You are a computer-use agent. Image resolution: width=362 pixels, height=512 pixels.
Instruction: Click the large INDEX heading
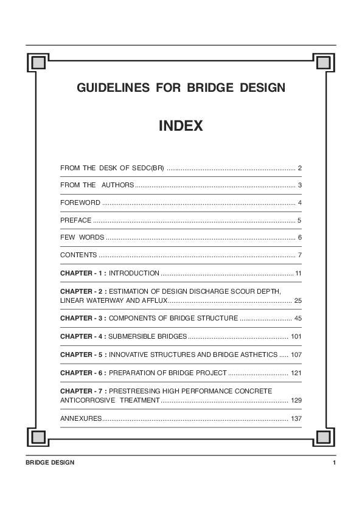coord(181,126)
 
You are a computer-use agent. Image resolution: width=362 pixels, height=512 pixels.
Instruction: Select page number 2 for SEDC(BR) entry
coord(300,167)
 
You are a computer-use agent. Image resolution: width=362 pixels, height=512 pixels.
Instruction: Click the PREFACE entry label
coord(76,220)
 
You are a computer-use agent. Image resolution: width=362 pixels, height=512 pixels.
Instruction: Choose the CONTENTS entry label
coord(78,255)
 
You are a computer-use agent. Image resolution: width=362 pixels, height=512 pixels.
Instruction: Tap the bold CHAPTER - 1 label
coord(83,273)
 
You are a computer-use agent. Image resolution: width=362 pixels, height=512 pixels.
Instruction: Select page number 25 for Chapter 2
coord(298,300)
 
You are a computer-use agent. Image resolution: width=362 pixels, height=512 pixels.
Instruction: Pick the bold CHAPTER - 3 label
coord(83,318)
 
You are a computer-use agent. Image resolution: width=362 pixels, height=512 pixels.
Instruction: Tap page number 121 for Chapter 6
coord(296,372)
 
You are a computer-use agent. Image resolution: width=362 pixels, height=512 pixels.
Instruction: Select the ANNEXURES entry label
coord(81,419)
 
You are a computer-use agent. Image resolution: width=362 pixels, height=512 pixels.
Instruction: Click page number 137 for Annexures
coord(296,419)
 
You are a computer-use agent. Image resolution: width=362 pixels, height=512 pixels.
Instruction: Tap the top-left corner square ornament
coord(38,61)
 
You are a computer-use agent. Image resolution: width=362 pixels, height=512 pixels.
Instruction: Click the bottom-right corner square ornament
coord(323,437)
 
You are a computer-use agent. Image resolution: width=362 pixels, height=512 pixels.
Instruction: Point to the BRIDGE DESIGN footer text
coord(50,463)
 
